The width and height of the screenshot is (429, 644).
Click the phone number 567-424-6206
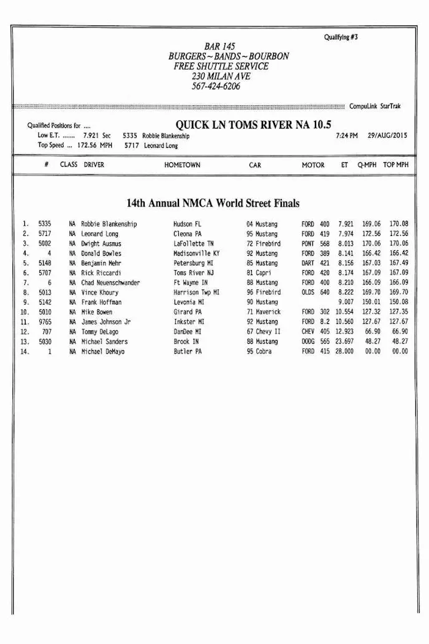click(216, 86)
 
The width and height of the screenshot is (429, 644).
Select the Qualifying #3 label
click(340, 37)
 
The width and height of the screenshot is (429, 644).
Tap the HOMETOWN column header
click(182, 165)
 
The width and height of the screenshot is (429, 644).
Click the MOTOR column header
click(313, 165)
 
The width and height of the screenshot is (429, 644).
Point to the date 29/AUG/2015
click(388, 135)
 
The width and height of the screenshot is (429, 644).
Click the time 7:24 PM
click(347, 135)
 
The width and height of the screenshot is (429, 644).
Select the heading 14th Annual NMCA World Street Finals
click(213, 203)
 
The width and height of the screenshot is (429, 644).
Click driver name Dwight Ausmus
click(101, 244)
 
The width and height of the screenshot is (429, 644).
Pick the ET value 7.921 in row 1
click(345, 224)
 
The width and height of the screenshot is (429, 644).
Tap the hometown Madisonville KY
click(196, 254)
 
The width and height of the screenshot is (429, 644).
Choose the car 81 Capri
click(259, 273)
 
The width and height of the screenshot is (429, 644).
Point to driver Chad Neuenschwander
click(110, 283)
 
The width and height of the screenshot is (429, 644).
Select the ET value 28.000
click(344, 352)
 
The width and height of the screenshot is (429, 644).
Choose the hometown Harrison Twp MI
click(196, 293)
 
